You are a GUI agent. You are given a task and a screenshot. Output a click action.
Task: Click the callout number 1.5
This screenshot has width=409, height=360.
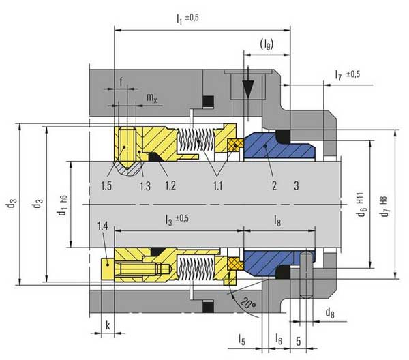106,185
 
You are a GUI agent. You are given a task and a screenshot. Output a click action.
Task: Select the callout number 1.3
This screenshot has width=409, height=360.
145,186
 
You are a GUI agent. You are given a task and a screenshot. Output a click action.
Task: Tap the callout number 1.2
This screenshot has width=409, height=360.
170,185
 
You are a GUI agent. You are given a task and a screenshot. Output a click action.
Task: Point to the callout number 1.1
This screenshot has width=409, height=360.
218,185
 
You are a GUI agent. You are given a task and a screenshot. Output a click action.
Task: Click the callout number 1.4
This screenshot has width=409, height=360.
102,226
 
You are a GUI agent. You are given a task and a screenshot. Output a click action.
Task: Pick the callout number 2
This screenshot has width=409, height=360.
274,185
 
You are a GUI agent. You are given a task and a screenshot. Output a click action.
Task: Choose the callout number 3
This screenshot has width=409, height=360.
297,185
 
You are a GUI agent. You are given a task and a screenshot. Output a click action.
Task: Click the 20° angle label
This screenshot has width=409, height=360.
248,303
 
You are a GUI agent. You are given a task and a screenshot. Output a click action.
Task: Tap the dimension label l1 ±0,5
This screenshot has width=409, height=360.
187,19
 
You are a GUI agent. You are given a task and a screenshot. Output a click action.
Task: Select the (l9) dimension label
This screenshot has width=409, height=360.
267,44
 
